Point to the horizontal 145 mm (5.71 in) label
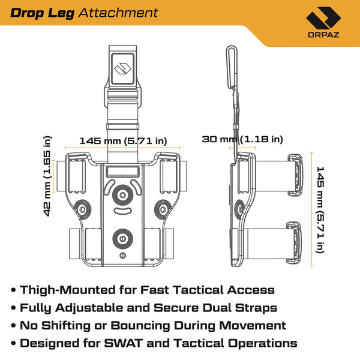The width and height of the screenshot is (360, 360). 124,141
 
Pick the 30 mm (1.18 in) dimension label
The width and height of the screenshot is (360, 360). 242,139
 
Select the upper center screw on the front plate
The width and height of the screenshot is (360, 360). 124,195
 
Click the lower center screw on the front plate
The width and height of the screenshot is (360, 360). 124,238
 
